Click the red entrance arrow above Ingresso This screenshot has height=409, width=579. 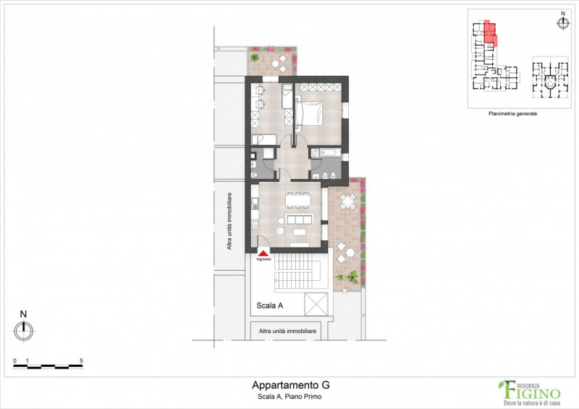(x=263, y=251)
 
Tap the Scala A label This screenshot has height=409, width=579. (x=269, y=305)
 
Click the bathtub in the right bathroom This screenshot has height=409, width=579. (x=322, y=153)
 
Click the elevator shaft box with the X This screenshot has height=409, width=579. (x=316, y=305)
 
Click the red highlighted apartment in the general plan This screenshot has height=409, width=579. (x=490, y=33)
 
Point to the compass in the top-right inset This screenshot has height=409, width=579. (x=562, y=22)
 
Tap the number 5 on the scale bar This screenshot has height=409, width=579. (x=81, y=360)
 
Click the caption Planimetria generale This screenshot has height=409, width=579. (x=513, y=114)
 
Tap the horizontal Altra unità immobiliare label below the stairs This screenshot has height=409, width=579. (x=287, y=332)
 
